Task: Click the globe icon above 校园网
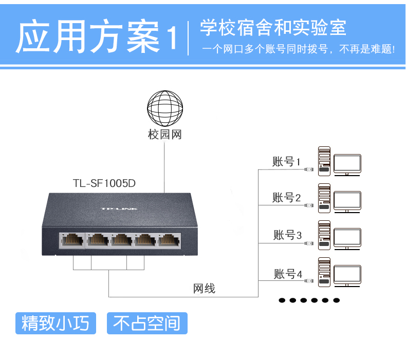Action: pos(165,108)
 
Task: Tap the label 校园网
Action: pos(165,135)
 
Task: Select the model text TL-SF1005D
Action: pos(107,183)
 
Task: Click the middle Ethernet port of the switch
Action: pos(120,240)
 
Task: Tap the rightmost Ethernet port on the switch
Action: pos(168,240)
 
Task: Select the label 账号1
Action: pos(286,162)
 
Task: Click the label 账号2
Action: pos(286,198)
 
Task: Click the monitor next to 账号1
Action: pos(347,164)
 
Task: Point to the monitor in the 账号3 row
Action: pos(347,238)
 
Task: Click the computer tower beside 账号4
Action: pos(324,272)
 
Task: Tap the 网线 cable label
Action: pos(204,289)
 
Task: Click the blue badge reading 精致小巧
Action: pos(56,324)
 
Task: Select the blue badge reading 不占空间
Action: pos(147,324)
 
